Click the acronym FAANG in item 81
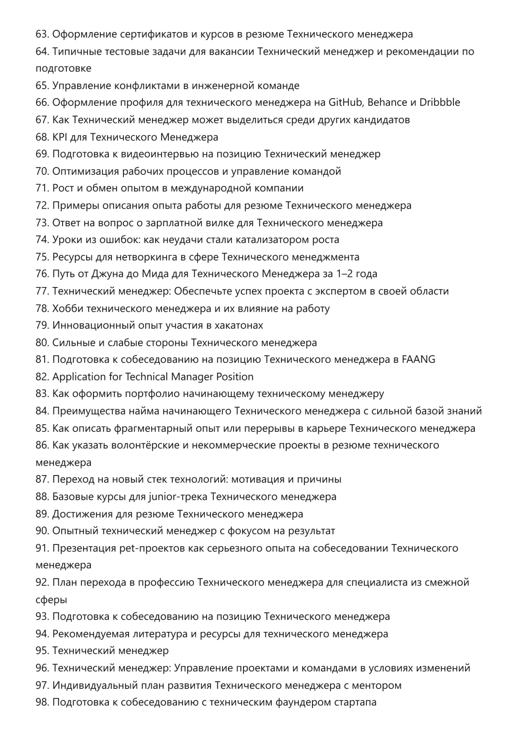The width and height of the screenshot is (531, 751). (419, 359)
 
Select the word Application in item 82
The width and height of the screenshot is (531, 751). (79, 377)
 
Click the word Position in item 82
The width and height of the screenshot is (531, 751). (234, 377)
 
